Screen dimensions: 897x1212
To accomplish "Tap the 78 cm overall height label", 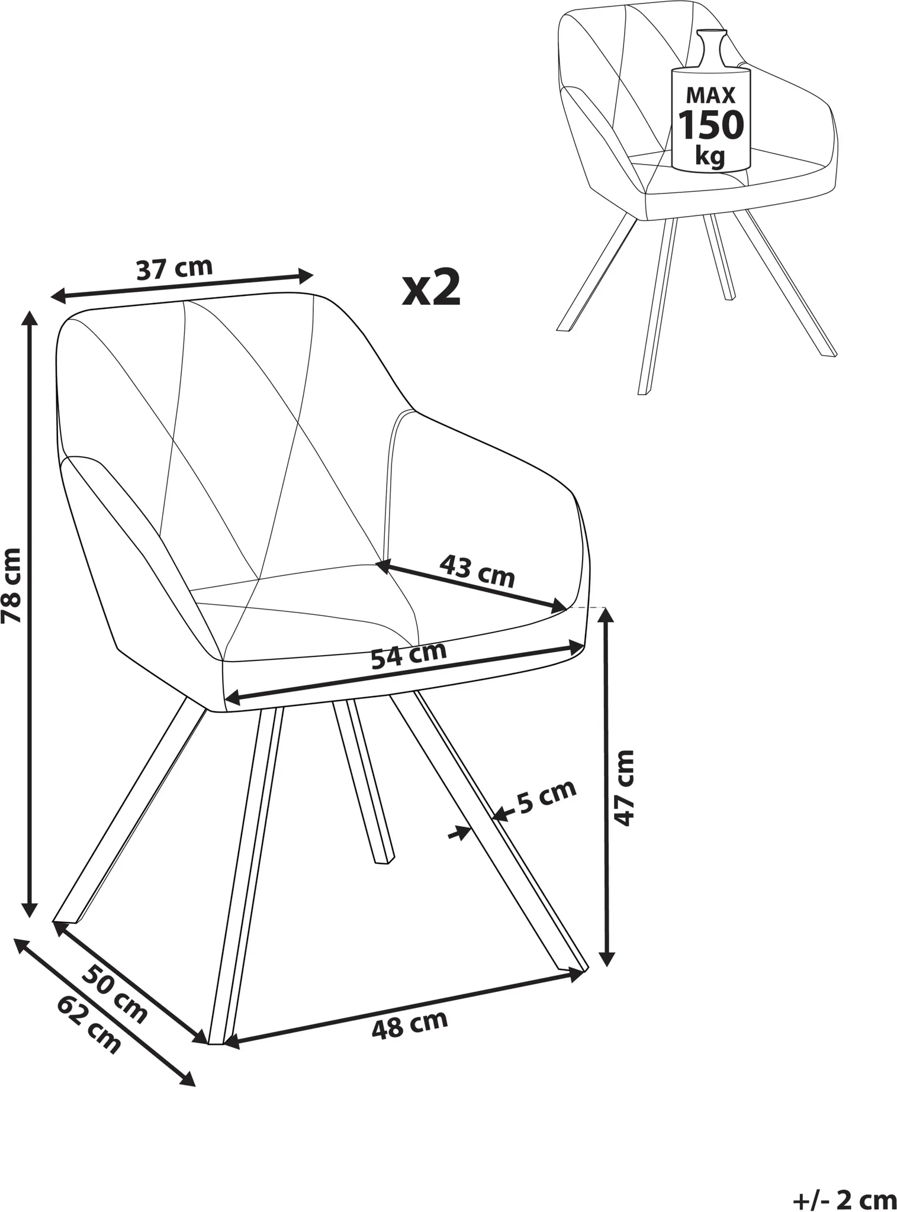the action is [x=12, y=585].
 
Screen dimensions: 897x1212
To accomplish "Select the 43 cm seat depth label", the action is [x=477, y=570].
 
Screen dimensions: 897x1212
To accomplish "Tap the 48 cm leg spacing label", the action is [x=410, y=1025].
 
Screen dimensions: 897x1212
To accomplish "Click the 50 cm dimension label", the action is [x=114, y=994].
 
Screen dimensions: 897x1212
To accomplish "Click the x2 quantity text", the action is [x=431, y=288].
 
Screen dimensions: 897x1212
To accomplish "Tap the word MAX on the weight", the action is [x=710, y=95].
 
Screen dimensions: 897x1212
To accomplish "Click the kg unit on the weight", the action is [x=710, y=157].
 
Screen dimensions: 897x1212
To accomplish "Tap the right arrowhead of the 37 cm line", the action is [x=305, y=275].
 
